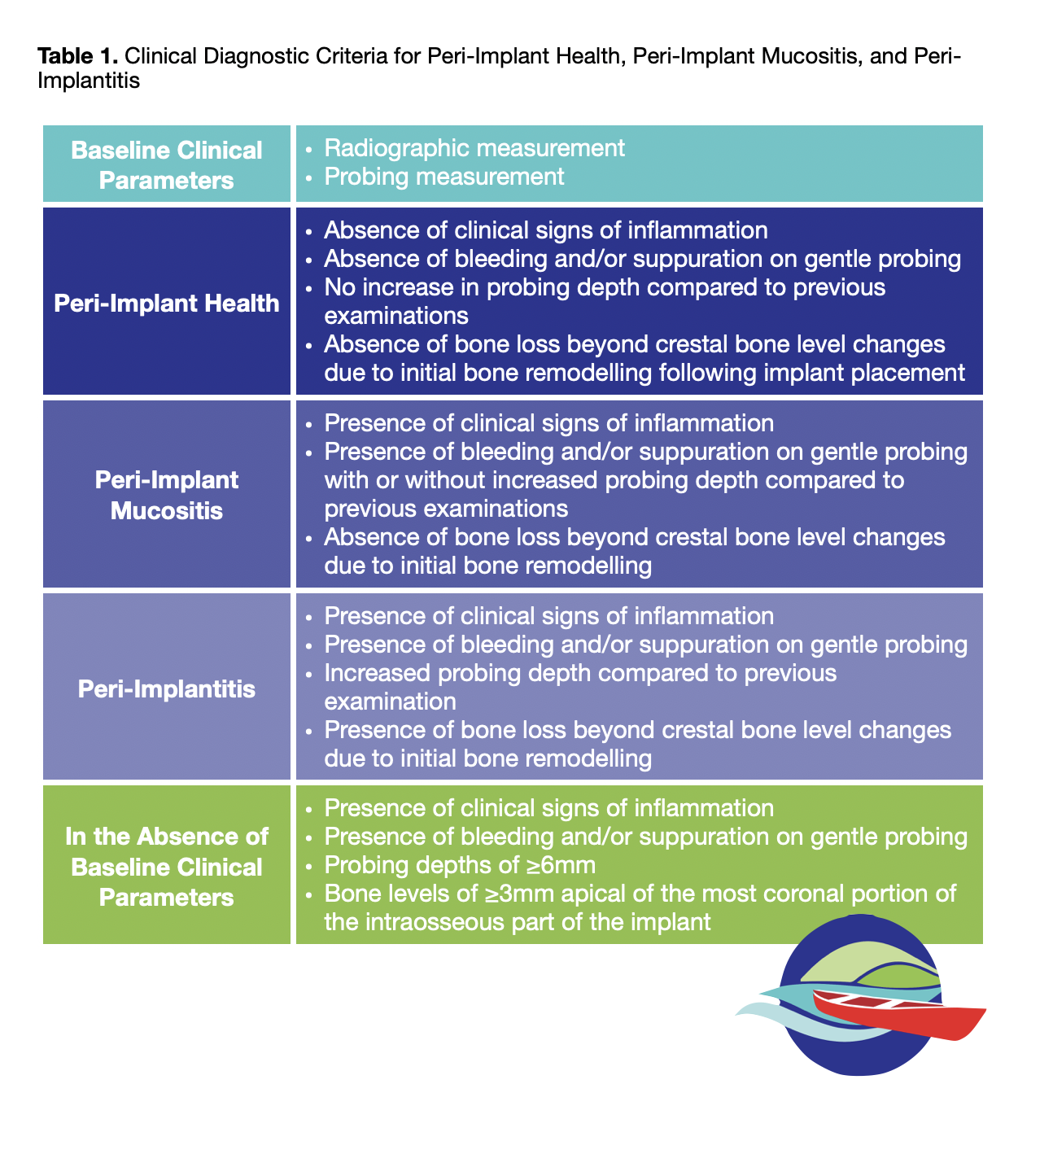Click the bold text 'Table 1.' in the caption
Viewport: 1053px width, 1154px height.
point(79,57)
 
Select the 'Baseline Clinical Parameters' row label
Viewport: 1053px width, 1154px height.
point(167,164)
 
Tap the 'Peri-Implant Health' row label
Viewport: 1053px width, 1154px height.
point(167,304)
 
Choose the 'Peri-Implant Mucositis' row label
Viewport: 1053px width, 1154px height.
point(167,495)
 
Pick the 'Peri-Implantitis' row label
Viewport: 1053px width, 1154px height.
point(167,689)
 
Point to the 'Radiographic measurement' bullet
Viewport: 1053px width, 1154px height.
point(474,148)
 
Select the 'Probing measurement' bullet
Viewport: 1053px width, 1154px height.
point(443,177)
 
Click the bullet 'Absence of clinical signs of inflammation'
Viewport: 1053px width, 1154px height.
point(545,230)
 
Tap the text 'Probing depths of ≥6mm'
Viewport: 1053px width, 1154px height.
point(460,865)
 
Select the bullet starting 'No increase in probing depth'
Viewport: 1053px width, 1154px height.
point(604,287)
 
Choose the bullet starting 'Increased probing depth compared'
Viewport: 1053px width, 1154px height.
point(579,674)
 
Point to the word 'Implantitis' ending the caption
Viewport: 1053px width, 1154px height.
point(89,81)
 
